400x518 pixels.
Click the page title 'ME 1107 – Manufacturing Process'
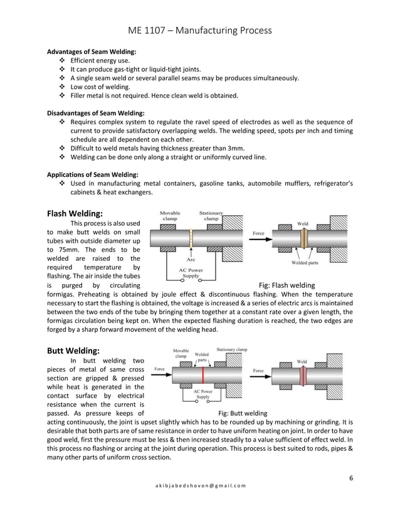pos(199,30)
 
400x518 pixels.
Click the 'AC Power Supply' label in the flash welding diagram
pos(191,272)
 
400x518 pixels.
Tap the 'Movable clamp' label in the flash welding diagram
pos(171,216)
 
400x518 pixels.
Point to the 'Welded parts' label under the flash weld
pos(305,263)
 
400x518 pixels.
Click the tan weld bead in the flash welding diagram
pos(303,240)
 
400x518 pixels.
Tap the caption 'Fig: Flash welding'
pos(287,285)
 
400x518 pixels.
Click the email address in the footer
pos(199,486)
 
